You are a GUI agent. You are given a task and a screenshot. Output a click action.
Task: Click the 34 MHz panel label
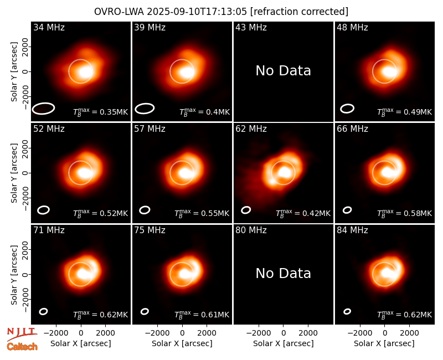[x=49, y=27]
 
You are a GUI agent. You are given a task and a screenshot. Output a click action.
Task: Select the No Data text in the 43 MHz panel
[x=284, y=71]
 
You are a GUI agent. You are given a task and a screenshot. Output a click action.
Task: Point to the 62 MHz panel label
[x=251, y=129]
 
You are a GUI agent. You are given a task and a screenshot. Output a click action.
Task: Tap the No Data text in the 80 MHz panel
[x=284, y=273]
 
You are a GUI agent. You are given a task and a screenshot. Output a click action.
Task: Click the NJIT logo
[x=22, y=333]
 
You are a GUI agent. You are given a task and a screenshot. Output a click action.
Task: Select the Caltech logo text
[x=22, y=347]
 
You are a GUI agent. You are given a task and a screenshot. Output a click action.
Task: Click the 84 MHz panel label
[x=352, y=230]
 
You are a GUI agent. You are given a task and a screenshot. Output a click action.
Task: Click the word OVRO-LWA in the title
[x=119, y=12]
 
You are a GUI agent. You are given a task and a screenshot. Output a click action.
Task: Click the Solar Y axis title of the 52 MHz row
[x=14, y=173]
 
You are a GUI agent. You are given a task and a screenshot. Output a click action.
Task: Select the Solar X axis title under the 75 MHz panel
[x=182, y=343]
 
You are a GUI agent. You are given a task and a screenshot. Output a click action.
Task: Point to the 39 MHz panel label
[x=150, y=27]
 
